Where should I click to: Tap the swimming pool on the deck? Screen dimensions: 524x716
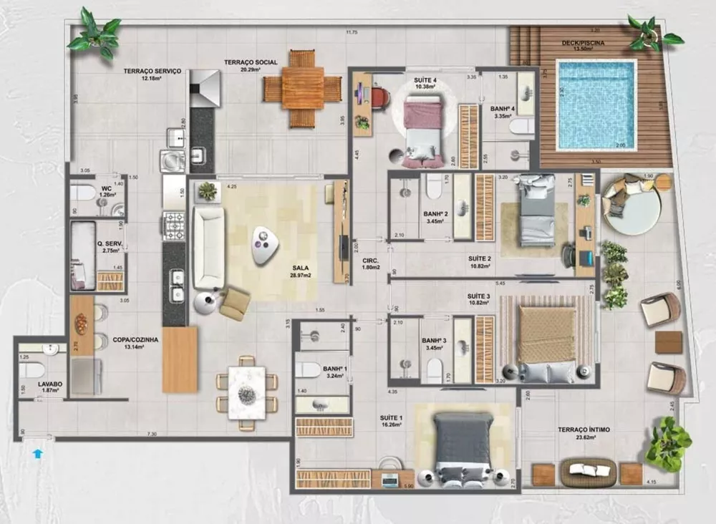596,105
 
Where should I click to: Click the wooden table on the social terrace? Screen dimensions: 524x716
302,88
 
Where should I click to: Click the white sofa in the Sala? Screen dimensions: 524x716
208,248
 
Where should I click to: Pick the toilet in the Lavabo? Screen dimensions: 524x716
32,369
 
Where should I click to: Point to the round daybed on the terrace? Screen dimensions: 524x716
630,206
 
